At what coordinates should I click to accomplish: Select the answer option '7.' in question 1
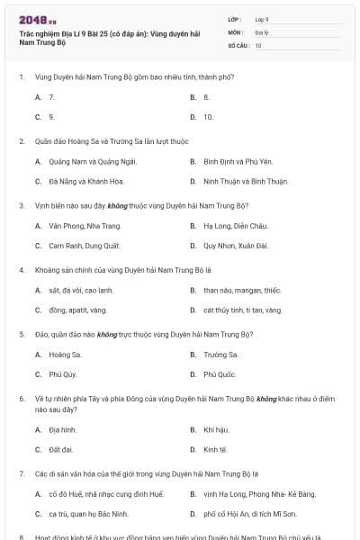click(51, 96)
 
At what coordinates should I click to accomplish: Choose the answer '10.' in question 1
click(208, 117)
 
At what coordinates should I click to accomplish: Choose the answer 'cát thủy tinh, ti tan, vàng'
click(242, 310)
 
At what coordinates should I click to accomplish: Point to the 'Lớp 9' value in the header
click(262, 19)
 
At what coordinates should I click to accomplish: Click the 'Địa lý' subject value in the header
click(262, 31)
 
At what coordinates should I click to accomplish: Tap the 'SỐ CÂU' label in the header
click(238, 44)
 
